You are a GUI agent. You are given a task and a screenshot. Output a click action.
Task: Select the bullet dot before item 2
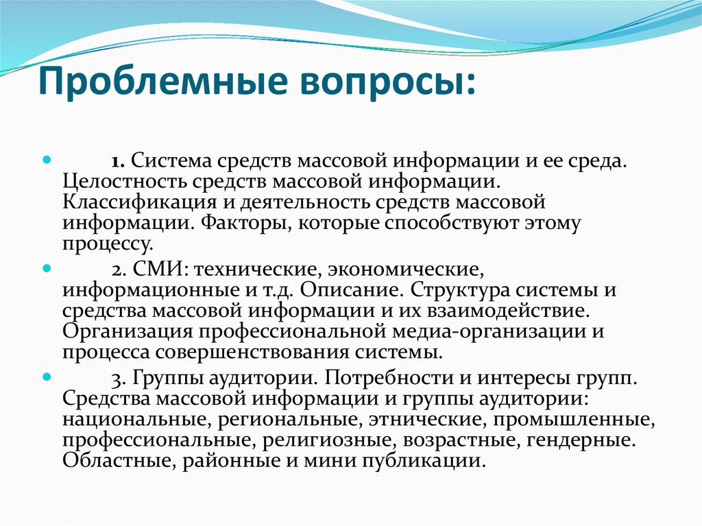(47, 266)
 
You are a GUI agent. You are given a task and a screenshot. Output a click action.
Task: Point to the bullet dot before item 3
(47, 376)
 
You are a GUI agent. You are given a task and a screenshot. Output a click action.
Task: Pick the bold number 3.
(117, 378)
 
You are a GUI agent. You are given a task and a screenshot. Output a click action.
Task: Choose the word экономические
(400, 267)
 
